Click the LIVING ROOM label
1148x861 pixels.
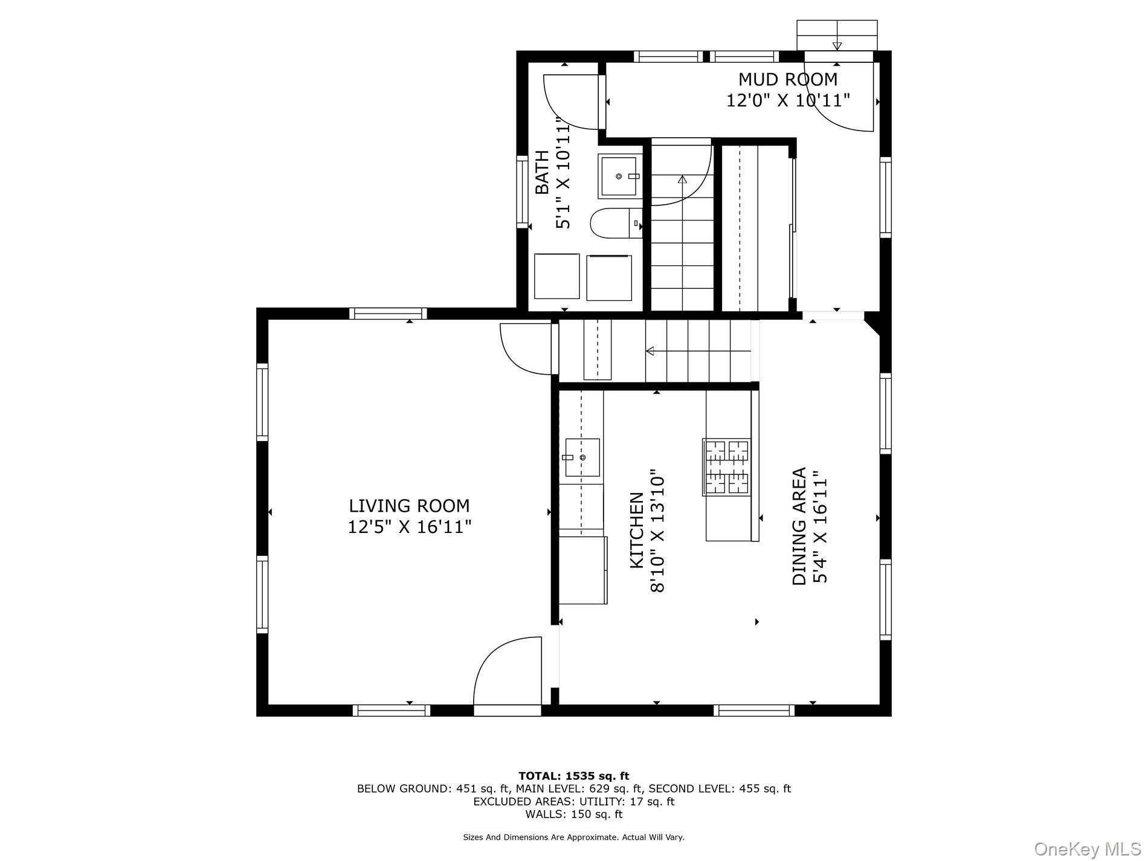(x=409, y=506)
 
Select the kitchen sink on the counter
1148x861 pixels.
(x=582, y=457)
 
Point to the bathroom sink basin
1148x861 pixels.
(x=618, y=176)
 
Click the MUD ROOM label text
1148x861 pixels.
(x=788, y=79)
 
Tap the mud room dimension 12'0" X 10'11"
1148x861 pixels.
(x=788, y=100)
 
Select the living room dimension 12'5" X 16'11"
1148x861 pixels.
(x=409, y=527)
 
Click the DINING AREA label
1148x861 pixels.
(x=799, y=526)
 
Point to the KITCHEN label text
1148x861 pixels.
(x=637, y=530)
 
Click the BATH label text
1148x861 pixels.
(x=543, y=172)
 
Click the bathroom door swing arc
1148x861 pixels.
(x=571, y=102)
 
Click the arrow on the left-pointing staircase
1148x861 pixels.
(x=651, y=351)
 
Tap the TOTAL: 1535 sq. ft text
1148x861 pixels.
(x=573, y=776)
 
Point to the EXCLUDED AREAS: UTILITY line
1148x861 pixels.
(x=573, y=801)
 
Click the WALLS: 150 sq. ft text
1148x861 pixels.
(x=573, y=814)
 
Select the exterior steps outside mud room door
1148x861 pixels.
(x=837, y=35)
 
